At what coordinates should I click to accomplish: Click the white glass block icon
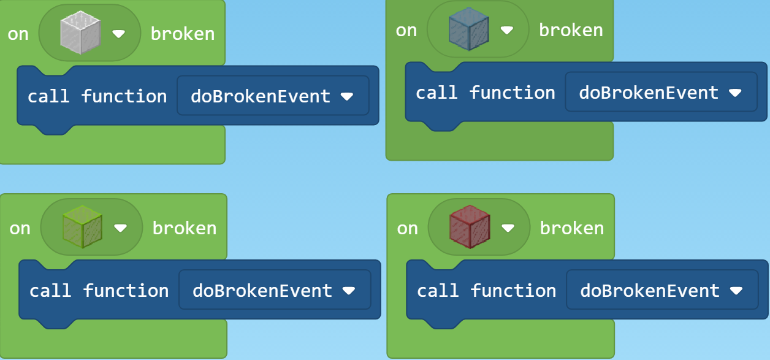(80, 34)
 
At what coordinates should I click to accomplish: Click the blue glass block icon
(468, 29)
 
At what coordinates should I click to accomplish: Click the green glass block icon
(82, 228)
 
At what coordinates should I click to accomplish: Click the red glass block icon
(470, 228)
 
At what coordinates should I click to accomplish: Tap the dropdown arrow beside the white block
(119, 34)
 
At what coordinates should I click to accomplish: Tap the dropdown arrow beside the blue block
(506, 30)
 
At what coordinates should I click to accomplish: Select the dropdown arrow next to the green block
(120, 228)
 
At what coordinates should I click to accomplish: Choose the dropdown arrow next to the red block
(508, 228)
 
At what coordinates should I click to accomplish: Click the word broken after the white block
(183, 34)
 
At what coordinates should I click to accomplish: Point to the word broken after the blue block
(571, 30)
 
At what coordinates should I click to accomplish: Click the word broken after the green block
(185, 228)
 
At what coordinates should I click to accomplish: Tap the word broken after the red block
(572, 228)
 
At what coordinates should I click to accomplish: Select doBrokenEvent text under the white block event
(261, 96)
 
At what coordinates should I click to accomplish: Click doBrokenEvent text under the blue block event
(649, 93)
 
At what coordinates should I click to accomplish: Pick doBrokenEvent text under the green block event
(262, 291)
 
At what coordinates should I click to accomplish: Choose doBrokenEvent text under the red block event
(650, 291)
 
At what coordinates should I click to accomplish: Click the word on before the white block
(18, 34)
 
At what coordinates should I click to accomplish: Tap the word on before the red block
(408, 228)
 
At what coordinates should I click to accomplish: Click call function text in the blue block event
(485, 93)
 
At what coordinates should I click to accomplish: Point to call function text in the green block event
(99, 291)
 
